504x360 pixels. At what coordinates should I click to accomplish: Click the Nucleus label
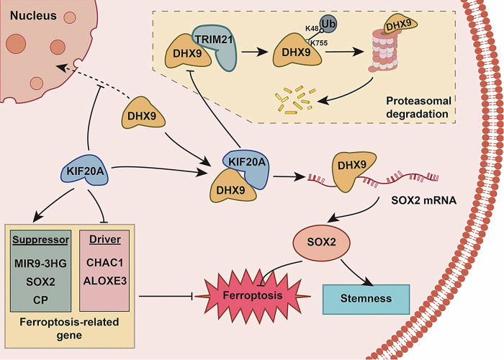(33, 15)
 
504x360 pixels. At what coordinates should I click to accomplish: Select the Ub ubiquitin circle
(328, 24)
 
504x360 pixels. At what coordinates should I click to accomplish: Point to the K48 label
(312, 29)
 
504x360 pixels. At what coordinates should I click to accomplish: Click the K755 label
(319, 42)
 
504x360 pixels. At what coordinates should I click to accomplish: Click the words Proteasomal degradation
(418, 107)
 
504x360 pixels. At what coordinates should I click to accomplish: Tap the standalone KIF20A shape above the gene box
(85, 171)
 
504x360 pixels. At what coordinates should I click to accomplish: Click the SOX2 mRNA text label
(423, 200)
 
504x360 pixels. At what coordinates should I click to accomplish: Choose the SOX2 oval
(321, 242)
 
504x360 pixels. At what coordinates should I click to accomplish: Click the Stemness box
(366, 299)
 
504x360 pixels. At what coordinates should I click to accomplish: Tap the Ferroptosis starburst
(253, 296)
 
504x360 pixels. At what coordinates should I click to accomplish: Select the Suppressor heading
(40, 240)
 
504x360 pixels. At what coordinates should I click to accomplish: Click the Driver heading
(105, 240)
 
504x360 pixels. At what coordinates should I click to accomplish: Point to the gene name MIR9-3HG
(40, 264)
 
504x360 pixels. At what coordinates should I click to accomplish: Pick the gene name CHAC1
(105, 263)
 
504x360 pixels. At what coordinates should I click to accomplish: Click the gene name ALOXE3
(105, 281)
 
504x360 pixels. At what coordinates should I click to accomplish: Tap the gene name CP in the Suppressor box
(40, 300)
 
